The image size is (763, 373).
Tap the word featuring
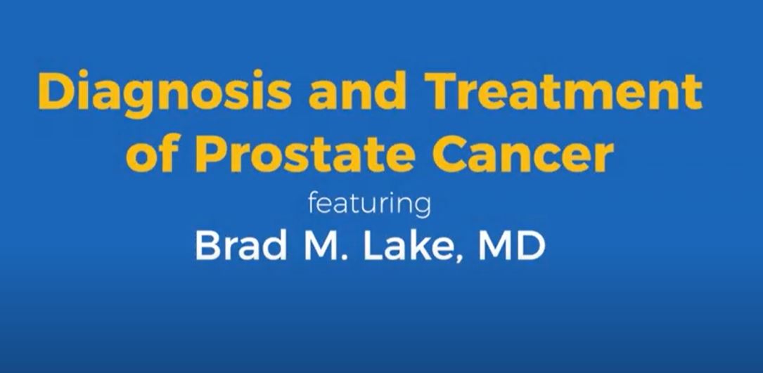pos(368,206)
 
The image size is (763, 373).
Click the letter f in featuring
pos(313,204)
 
